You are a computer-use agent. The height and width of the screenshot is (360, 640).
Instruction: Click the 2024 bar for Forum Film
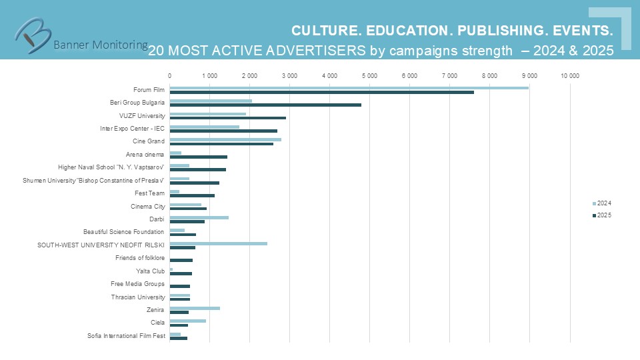tap(349, 87)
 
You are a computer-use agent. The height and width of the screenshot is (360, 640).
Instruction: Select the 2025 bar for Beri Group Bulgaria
tap(265, 105)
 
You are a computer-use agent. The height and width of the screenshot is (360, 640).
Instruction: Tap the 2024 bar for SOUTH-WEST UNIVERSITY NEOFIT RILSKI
tap(218, 243)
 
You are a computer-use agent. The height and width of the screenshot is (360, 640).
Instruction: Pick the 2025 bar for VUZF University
tap(227, 118)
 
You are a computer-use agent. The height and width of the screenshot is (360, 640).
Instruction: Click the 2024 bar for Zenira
tap(195, 308)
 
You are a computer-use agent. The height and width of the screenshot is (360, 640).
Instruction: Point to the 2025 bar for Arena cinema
tap(198, 157)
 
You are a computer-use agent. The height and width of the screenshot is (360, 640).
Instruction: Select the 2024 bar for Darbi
tap(199, 217)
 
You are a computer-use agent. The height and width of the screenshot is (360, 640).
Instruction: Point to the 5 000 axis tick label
tap(369, 76)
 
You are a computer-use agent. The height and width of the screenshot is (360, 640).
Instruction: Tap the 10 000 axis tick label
tap(569, 76)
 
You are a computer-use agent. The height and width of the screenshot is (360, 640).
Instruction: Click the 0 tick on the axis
tap(169, 76)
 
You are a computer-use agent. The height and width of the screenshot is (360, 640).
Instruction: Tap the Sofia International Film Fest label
tap(126, 335)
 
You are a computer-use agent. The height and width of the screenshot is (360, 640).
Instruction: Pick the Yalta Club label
tap(150, 271)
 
